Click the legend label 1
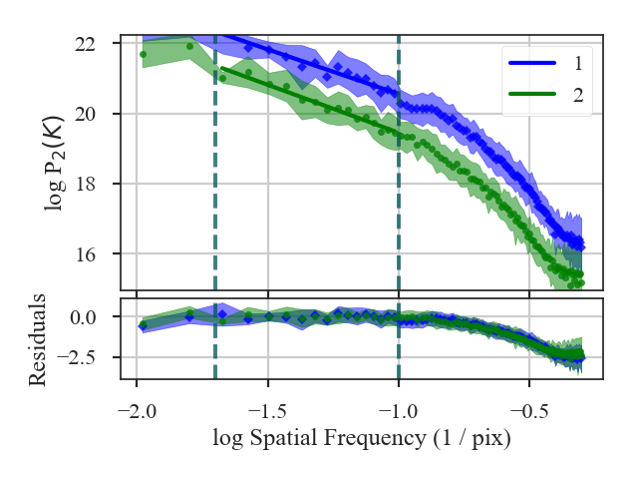pos(578,64)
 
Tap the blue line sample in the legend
pos(531,64)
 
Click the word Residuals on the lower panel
pos(38,338)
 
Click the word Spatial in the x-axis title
pos(286,437)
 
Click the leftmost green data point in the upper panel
pos(143,54)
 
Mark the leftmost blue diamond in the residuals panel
pos(143,325)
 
